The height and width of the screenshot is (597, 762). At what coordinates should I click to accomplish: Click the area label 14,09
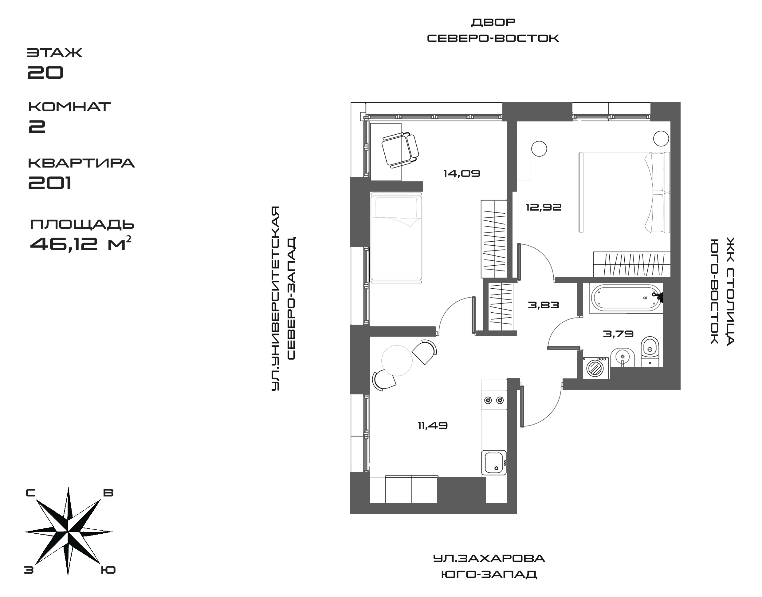click(x=462, y=173)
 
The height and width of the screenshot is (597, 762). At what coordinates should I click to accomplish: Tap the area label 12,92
click(x=544, y=207)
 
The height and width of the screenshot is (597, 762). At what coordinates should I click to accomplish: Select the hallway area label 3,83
click(x=543, y=305)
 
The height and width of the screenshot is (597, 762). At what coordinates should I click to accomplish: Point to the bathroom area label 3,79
click(x=618, y=334)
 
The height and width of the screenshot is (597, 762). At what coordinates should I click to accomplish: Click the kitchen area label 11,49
click(x=433, y=426)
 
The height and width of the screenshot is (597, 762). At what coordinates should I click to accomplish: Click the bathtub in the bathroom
click(x=625, y=298)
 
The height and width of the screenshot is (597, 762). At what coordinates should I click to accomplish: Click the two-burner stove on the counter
click(x=494, y=400)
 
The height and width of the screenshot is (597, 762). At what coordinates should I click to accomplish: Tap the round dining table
click(x=397, y=360)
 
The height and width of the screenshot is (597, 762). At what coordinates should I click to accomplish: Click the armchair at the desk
click(x=400, y=149)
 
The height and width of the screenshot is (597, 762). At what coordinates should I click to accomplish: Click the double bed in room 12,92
click(x=624, y=192)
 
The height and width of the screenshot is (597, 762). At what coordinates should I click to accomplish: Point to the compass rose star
click(x=68, y=532)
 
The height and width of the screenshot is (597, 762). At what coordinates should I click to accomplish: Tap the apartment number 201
click(x=50, y=183)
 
